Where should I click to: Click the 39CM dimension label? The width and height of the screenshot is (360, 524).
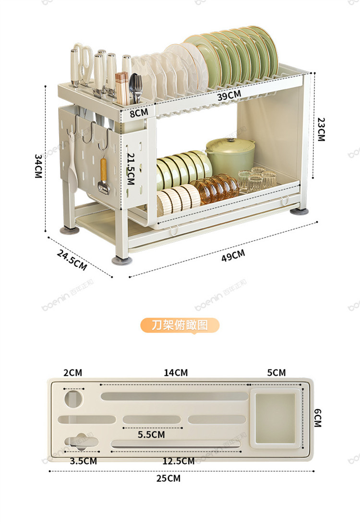[228, 95]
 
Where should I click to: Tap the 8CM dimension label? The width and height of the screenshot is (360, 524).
[139, 112]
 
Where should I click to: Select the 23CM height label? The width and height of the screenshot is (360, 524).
[321, 130]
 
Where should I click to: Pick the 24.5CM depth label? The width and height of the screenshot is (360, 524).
[72, 260]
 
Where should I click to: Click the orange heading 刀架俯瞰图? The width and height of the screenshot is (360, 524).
[180, 325]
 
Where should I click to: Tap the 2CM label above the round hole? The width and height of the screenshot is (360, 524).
[72, 373]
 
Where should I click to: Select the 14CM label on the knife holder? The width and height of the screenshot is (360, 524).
[176, 373]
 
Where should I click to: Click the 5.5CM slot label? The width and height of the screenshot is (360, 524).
[151, 435]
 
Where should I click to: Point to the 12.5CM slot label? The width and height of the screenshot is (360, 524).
[178, 461]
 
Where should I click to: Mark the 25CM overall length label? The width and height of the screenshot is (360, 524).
[168, 478]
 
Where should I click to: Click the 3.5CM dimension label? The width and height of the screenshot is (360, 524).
[84, 461]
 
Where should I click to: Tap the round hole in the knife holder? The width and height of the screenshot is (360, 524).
[73, 398]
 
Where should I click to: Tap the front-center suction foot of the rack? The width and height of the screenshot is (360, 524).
[118, 260]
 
